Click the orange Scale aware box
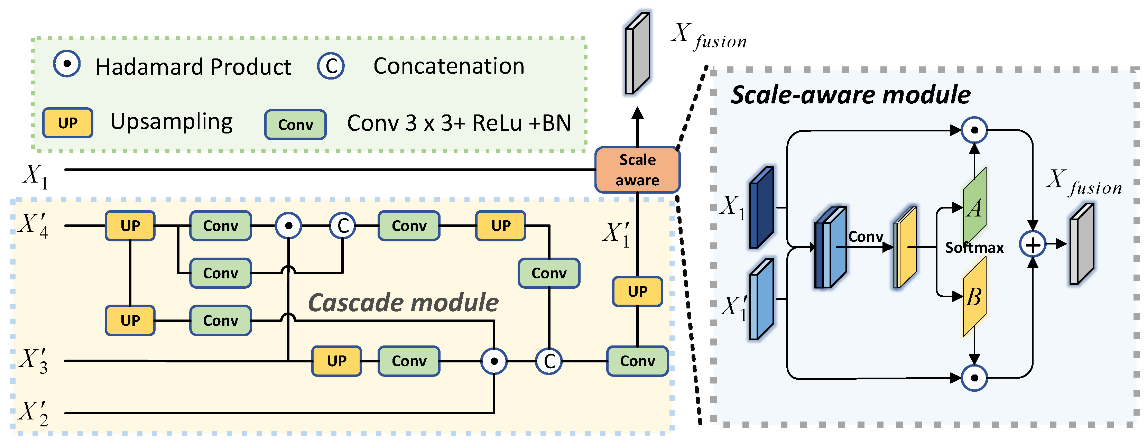coord(637,170)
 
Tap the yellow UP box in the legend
coord(68,123)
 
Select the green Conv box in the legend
coord(295,125)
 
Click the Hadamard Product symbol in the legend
coord(67,64)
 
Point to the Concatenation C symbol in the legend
coord(330,66)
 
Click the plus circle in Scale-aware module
coord(1032,244)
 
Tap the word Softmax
coord(974,248)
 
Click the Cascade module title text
coord(403,303)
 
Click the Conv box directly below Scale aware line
coord(637,361)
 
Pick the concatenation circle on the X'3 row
coord(549,361)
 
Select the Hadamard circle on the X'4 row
coord(288,226)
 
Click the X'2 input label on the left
coord(34,413)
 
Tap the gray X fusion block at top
coord(637,54)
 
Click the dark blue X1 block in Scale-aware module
coord(761,207)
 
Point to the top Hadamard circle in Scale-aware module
coord(974,130)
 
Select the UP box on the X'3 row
coord(336,361)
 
